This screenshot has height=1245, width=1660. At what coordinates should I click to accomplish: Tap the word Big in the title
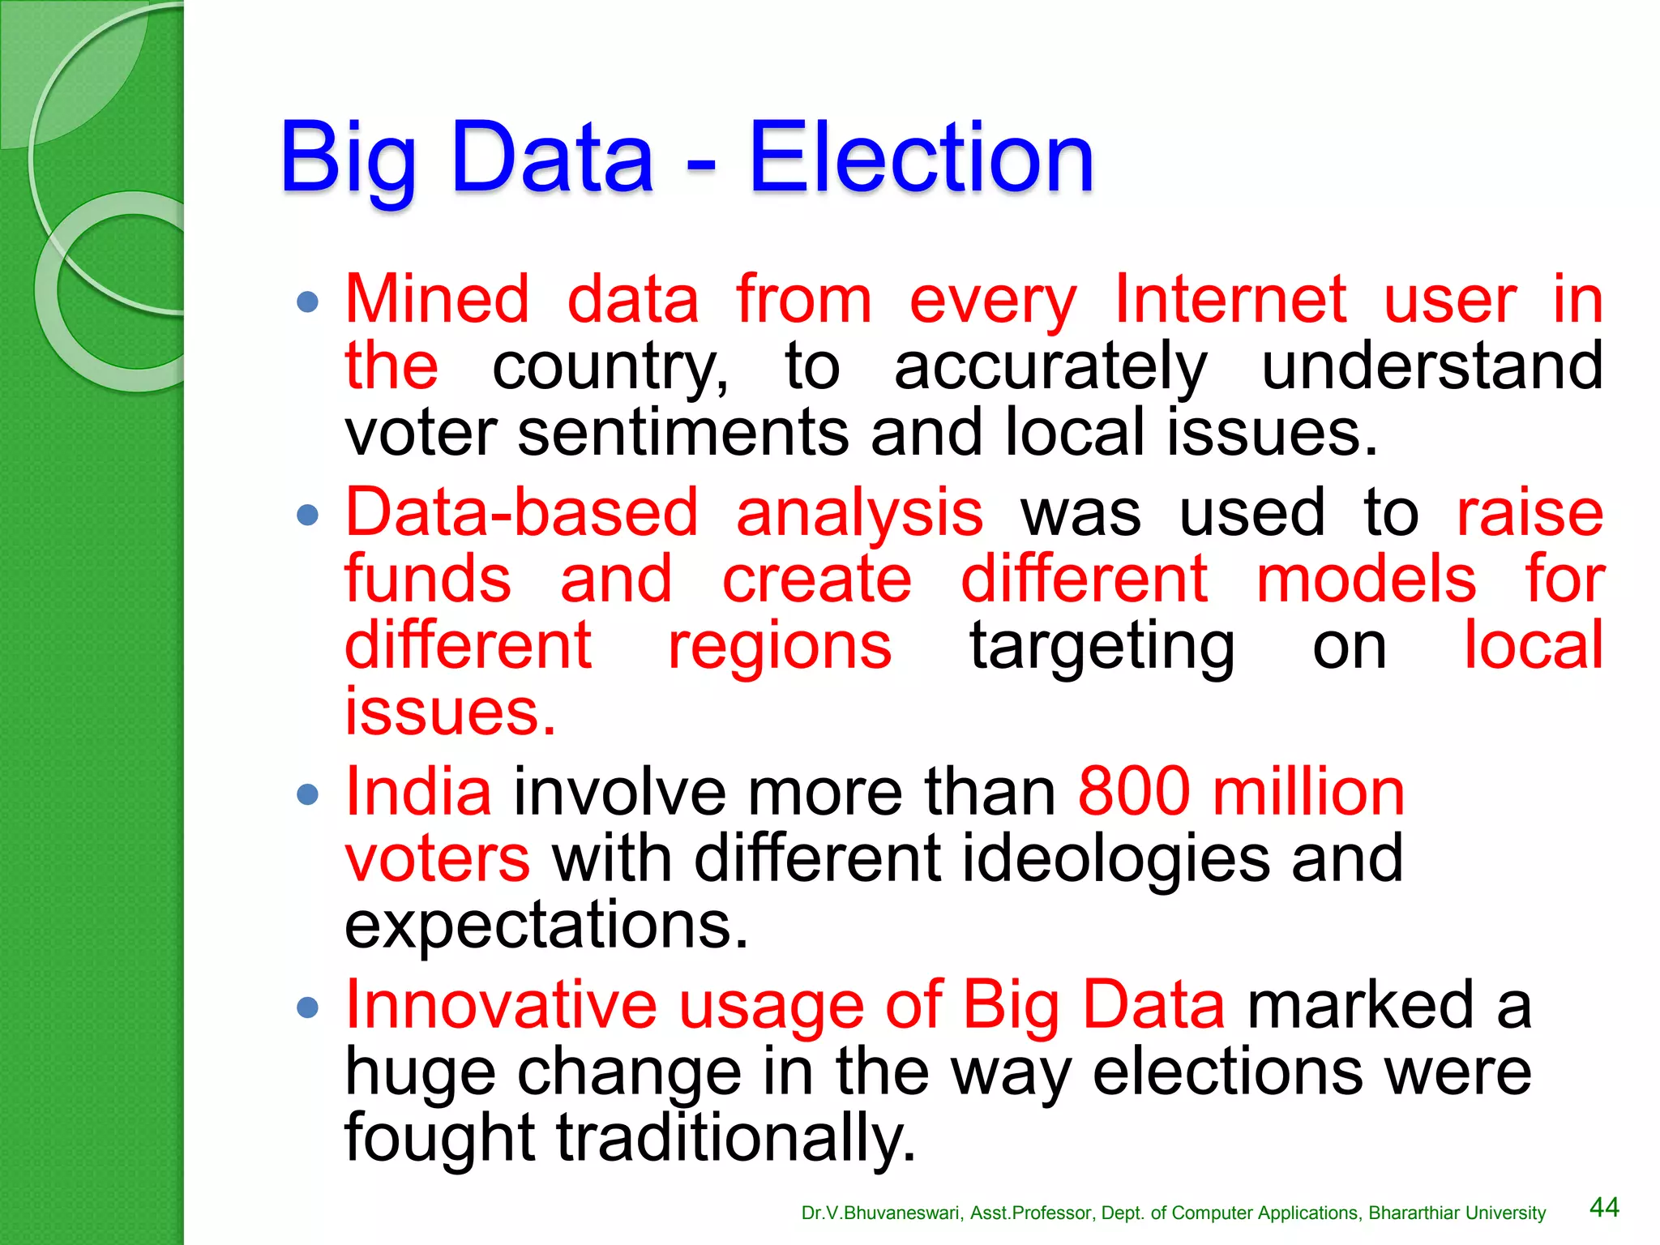pyautogui.click(x=349, y=160)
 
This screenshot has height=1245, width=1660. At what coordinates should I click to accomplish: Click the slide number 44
pyautogui.click(x=1604, y=1208)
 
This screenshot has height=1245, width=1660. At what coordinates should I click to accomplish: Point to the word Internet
pyautogui.click(x=1230, y=300)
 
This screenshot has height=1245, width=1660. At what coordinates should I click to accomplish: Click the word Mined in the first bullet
pyautogui.click(x=438, y=300)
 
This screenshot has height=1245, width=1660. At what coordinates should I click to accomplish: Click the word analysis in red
pyautogui.click(x=859, y=515)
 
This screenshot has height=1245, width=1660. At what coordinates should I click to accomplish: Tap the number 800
pyautogui.click(x=1134, y=792)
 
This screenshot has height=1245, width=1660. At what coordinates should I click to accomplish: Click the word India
pyautogui.click(x=418, y=792)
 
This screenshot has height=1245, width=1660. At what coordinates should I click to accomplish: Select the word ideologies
pyautogui.click(x=1115, y=859)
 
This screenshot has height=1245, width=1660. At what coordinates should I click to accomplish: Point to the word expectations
pyautogui.click(x=545, y=926)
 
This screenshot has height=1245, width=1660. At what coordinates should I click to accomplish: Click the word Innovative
pyautogui.click(x=500, y=1006)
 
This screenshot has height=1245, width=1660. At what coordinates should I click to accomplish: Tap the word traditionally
pyautogui.click(x=734, y=1139)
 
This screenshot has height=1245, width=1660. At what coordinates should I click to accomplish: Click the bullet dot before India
pyautogui.click(x=308, y=794)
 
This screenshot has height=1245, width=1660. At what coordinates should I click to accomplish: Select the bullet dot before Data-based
pyautogui.click(x=308, y=515)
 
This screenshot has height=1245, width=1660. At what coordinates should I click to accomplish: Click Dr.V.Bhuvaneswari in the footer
pyautogui.click(x=881, y=1213)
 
